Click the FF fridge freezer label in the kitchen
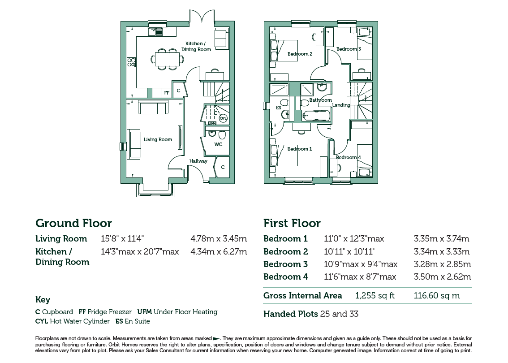167,93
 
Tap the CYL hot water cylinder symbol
223,118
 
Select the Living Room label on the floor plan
158,139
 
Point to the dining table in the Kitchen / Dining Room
167,59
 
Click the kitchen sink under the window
156,31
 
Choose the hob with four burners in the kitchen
131,62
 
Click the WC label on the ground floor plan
218,145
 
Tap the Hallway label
198,161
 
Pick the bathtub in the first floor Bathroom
316,116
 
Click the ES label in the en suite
279,108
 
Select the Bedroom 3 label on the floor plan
349,49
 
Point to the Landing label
341,105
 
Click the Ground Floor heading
74,223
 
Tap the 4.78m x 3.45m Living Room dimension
219,239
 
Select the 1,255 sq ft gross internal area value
375,296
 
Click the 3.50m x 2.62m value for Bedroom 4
442,277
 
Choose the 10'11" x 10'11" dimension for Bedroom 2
349,251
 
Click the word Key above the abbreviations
43,300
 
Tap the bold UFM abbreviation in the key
145,312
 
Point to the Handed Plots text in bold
291,314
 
